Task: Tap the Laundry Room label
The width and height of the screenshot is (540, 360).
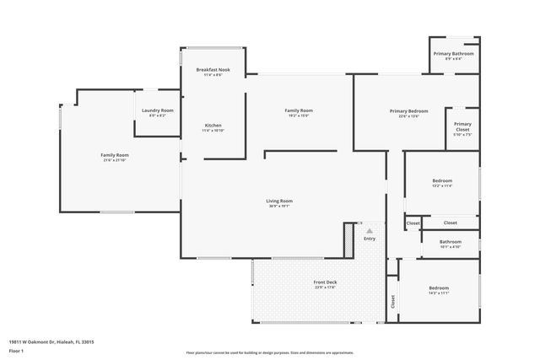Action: pyautogui.click(x=157, y=110)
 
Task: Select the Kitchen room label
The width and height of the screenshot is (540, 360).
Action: pyautogui.click(x=212, y=126)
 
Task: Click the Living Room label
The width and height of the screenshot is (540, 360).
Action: pyautogui.click(x=279, y=201)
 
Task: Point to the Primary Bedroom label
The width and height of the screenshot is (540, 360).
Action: pyautogui.click(x=408, y=111)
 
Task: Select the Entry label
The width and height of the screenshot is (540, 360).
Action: pyautogui.click(x=369, y=239)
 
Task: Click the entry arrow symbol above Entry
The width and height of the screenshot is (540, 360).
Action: pyautogui.click(x=368, y=228)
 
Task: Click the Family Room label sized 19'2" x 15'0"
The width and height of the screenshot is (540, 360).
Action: pyautogui.click(x=299, y=110)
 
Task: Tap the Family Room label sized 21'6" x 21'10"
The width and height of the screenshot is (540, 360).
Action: pyautogui.click(x=115, y=155)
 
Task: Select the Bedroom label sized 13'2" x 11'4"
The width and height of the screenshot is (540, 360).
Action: pyautogui.click(x=442, y=180)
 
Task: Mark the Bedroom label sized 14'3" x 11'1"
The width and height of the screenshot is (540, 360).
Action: pyautogui.click(x=439, y=289)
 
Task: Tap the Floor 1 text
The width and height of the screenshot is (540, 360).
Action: pyautogui.click(x=16, y=350)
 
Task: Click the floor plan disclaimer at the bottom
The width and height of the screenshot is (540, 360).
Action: pyautogui.click(x=268, y=352)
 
